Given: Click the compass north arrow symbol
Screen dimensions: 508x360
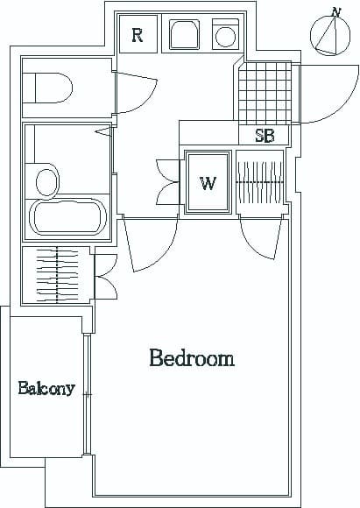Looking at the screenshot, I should pyautogui.click(x=329, y=36).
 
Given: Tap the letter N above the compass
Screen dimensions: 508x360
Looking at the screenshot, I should pyautogui.click(x=335, y=12).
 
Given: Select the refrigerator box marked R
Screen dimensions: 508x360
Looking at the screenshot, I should pyautogui.click(x=138, y=35).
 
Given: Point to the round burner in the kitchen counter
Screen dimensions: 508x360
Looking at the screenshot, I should pyautogui.click(x=226, y=37).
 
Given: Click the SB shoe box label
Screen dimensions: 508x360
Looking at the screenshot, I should pyautogui.click(x=265, y=137).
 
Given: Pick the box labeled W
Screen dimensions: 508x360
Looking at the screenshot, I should pyautogui.click(x=208, y=182).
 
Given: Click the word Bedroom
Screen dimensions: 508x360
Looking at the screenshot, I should pyautogui.click(x=192, y=358).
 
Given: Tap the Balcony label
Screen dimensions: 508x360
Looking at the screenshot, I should pyautogui.click(x=46, y=388).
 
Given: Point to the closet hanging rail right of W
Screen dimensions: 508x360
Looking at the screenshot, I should pyautogui.click(x=260, y=181).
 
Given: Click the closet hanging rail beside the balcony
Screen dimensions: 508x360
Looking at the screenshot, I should pyautogui.click(x=57, y=273).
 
